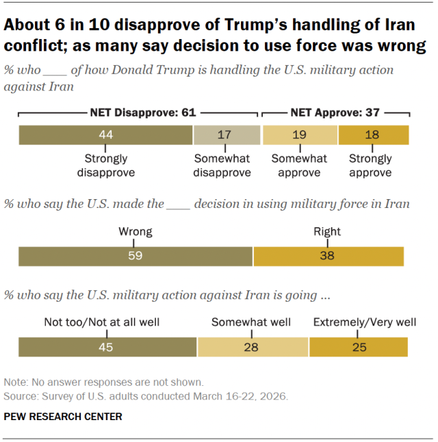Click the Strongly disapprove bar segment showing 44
click(105, 135)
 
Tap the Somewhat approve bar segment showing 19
click(300, 135)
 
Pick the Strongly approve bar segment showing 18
click(373, 135)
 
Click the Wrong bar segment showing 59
click(135, 256)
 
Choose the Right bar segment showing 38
click(328, 256)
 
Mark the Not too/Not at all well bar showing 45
click(107, 347)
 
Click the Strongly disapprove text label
click(105, 165)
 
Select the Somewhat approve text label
click(300, 165)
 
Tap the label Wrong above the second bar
click(135, 231)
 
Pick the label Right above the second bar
click(327, 231)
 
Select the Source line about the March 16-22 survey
click(146, 395)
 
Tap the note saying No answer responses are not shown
click(103, 382)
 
